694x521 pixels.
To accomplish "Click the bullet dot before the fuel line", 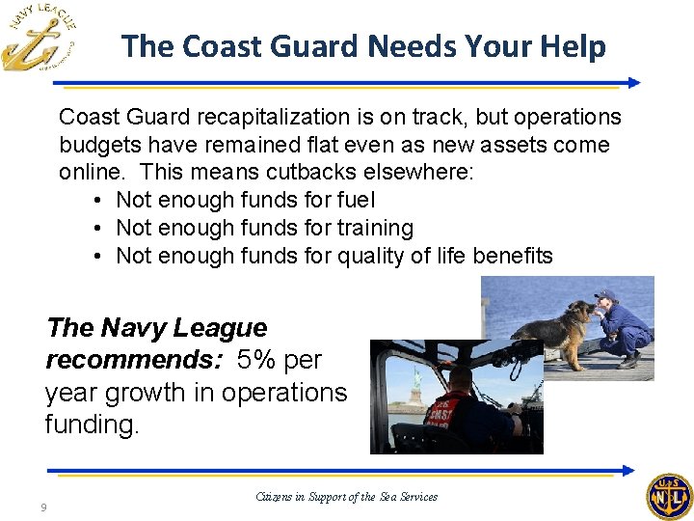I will [x=99, y=201].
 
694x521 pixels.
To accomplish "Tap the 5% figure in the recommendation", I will [x=257, y=360].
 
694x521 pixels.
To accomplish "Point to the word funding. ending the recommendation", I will [x=92, y=425].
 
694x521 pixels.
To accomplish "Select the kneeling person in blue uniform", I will [x=622, y=328].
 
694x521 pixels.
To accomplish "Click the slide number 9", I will [x=44, y=508].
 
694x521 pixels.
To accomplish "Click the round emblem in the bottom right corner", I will [x=667, y=497].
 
